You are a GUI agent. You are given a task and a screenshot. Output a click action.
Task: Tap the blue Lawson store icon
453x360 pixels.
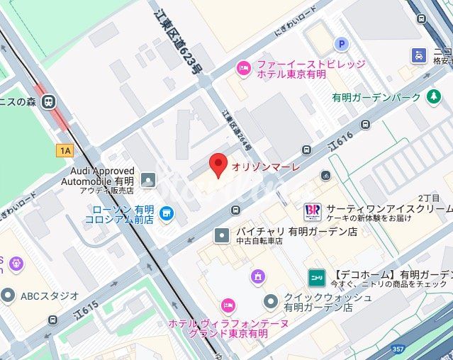click(167, 213)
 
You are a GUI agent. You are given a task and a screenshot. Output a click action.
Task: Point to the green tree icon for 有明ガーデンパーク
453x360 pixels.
click(434, 97)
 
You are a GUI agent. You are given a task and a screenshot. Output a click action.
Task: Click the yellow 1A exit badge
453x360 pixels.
click(66, 150)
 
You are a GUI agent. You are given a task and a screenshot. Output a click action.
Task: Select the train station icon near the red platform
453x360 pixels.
click(49, 102)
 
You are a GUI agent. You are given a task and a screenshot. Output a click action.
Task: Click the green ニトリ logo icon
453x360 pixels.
click(315, 276)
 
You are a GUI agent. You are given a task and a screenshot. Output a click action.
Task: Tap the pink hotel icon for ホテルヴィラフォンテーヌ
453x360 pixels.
click(228, 305)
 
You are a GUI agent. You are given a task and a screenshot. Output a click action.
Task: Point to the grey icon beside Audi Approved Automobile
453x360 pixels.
click(147, 181)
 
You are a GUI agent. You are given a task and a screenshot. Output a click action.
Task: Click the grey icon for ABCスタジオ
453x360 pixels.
click(8, 295)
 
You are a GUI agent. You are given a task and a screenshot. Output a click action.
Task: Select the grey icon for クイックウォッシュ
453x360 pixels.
click(270, 302)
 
